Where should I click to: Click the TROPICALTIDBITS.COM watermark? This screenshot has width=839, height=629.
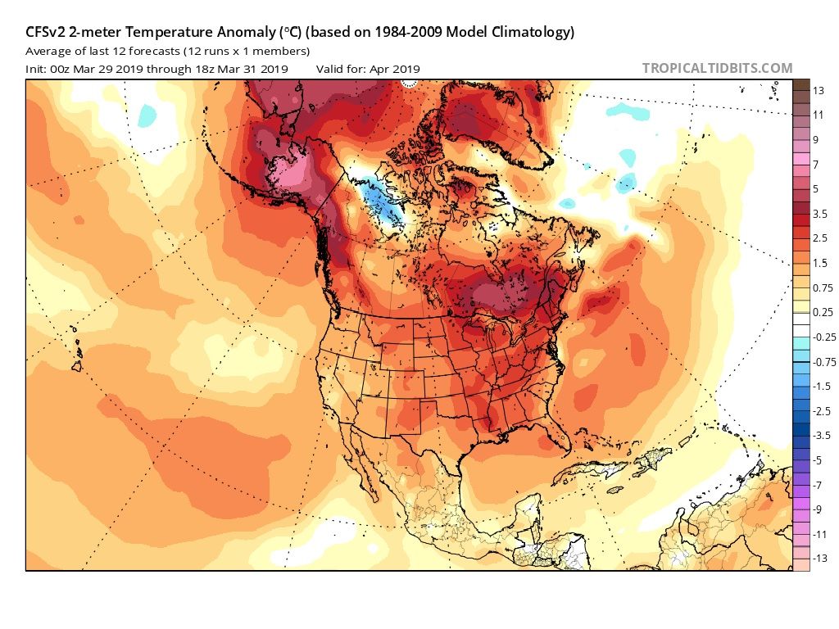click(717, 68)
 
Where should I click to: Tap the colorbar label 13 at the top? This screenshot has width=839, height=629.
click(819, 89)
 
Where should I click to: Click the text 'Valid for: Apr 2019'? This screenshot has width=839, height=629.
click(368, 69)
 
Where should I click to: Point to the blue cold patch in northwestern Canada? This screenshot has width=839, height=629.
click(381, 205)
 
